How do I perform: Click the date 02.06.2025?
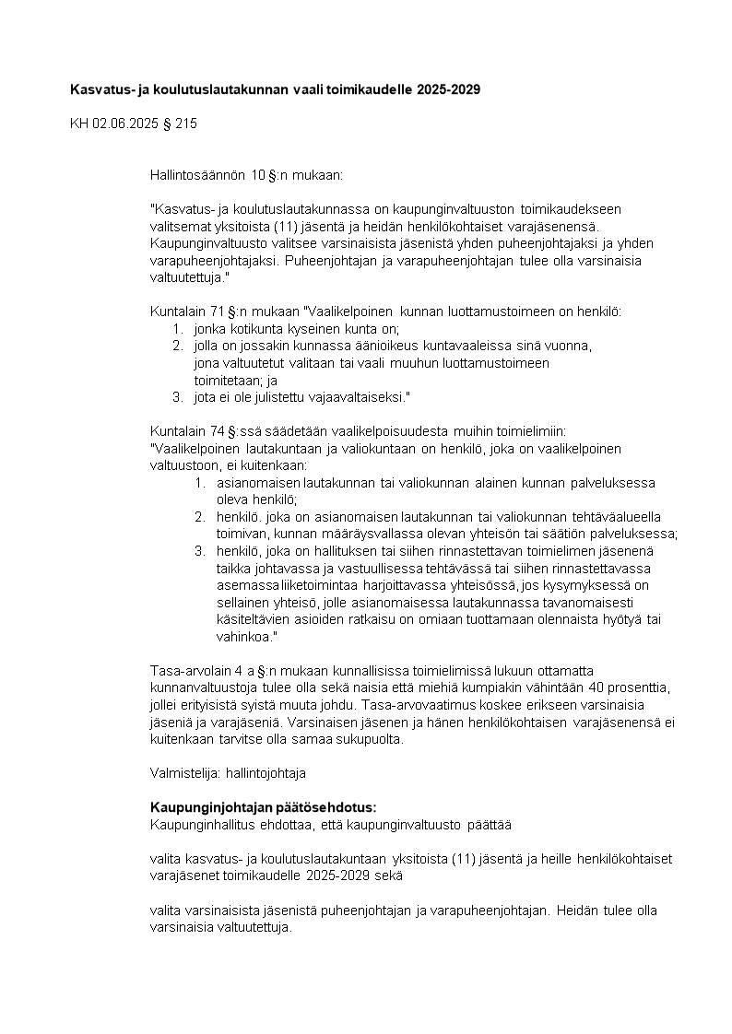pyautogui.click(x=124, y=123)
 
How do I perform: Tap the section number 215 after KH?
pyautogui.click(x=185, y=123)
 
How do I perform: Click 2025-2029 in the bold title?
pyautogui.click(x=448, y=89)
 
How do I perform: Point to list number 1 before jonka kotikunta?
pyautogui.click(x=177, y=329)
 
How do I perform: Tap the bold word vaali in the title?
pyautogui.click(x=332, y=89)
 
